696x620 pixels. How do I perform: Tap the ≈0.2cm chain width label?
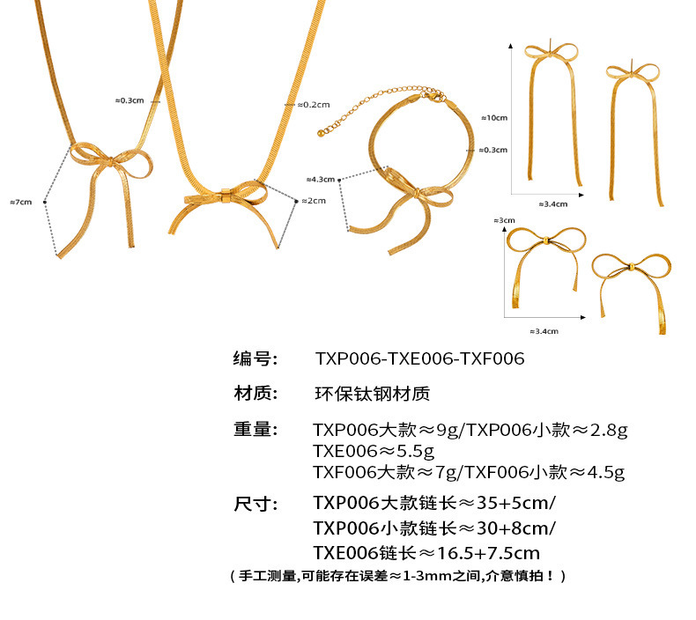tap(312, 104)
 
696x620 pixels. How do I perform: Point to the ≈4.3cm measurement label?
tap(321, 179)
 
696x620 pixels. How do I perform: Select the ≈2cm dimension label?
tap(313, 201)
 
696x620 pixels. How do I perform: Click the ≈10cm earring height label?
tap(493, 117)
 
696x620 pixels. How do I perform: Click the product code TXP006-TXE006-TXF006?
tap(419, 358)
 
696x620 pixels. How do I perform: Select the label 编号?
tap(255, 358)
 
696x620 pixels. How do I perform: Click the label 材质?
tap(255, 394)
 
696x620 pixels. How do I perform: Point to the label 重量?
tap(255, 430)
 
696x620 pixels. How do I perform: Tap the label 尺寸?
tap(255, 504)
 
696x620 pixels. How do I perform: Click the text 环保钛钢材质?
tap(372, 394)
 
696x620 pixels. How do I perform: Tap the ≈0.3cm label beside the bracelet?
tap(495, 151)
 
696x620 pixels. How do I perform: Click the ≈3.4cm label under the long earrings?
tap(553, 203)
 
